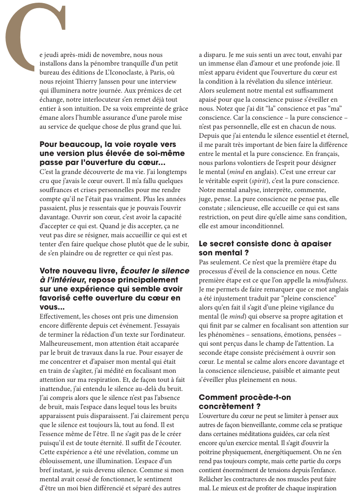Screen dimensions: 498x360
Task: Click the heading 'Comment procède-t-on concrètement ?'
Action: tap(245, 402)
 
